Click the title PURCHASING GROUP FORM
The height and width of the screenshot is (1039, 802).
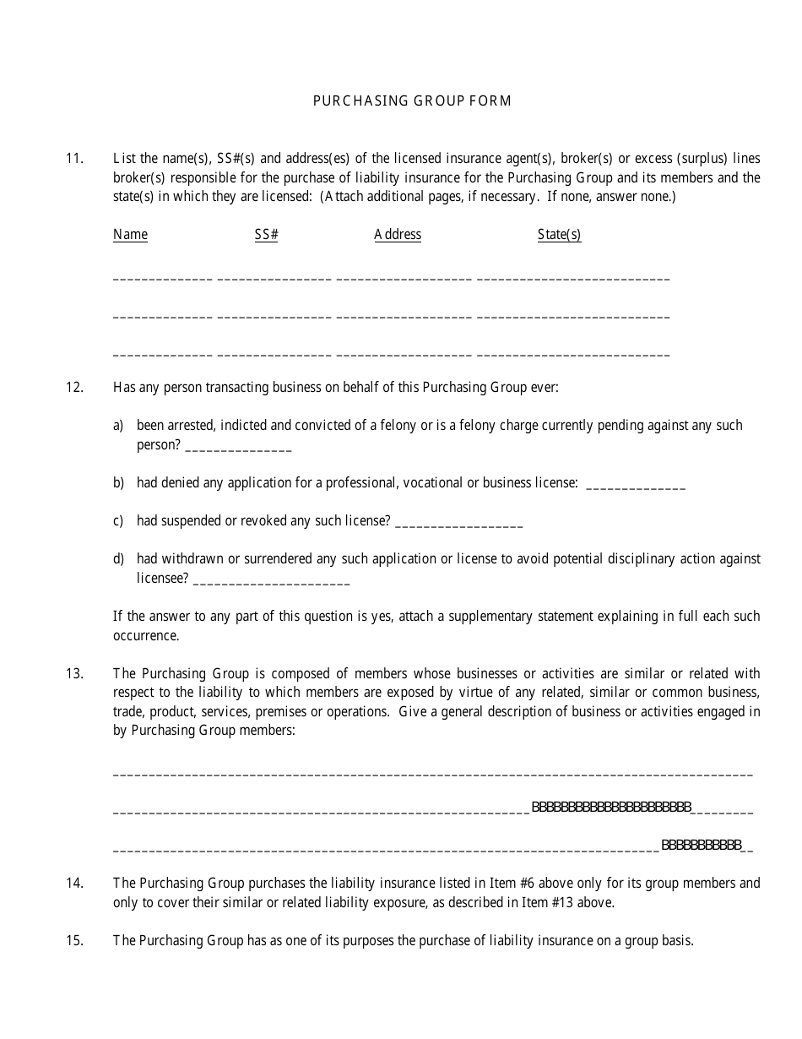point(412,101)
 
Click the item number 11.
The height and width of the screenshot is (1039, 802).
point(74,158)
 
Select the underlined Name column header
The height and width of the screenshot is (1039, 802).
point(130,235)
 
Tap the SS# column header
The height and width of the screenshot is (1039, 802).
point(266,235)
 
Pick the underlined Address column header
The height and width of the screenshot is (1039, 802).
point(398,235)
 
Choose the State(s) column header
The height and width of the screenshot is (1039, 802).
point(559,235)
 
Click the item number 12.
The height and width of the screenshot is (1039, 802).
point(74,388)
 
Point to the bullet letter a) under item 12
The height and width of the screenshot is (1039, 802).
point(118,426)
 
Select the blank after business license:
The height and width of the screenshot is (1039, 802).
point(635,486)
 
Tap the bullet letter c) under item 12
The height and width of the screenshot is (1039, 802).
point(118,521)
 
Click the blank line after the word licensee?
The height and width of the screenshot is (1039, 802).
point(271,581)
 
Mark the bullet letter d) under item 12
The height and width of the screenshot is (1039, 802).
point(118,559)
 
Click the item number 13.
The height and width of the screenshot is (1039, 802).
point(74,673)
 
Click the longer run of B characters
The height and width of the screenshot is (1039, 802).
point(612,808)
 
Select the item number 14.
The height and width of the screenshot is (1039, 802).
point(74,883)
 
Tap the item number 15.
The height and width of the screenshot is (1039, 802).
point(74,940)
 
